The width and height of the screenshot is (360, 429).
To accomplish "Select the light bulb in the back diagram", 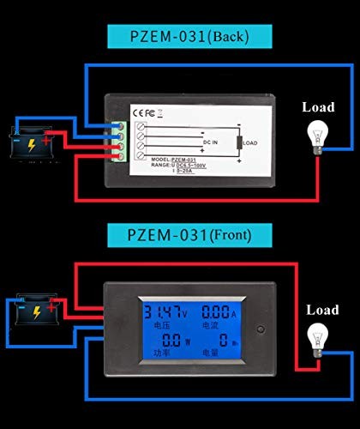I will pos(316,135).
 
